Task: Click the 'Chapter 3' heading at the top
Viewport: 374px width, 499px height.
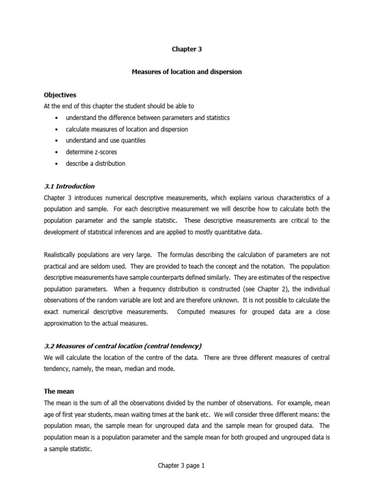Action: pos(187,49)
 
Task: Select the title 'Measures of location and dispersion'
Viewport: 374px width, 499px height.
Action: pos(187,72)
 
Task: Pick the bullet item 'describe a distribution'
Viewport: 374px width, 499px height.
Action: pos(95,164)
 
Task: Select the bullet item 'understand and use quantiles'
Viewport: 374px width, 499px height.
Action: pos(106,140)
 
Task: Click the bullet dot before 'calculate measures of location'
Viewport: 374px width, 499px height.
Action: pos(57,130)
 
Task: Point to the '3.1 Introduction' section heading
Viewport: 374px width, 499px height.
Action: pos(69,186)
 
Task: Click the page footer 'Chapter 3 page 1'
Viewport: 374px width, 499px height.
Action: pos(181,466)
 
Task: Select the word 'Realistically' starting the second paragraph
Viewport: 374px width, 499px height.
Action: pos(61,255)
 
